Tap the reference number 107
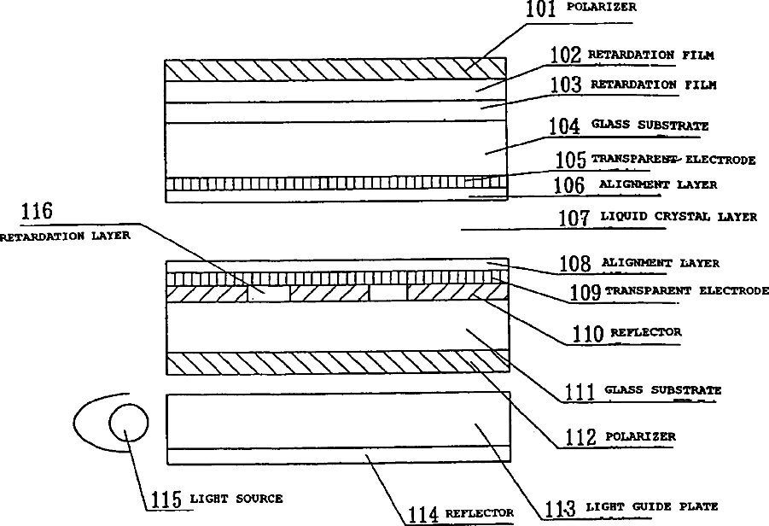tap(574, 218)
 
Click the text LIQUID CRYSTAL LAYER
tap(678, 217)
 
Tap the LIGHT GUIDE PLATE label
tap(651, 506)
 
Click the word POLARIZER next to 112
tap(640, 436)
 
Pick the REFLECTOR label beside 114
tap(480, 513)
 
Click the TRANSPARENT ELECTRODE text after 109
tap(686, 291)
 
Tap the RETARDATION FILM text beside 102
tap(651, 56)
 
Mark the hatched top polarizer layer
tap(336, 69)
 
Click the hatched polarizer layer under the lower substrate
tap(336, 363)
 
